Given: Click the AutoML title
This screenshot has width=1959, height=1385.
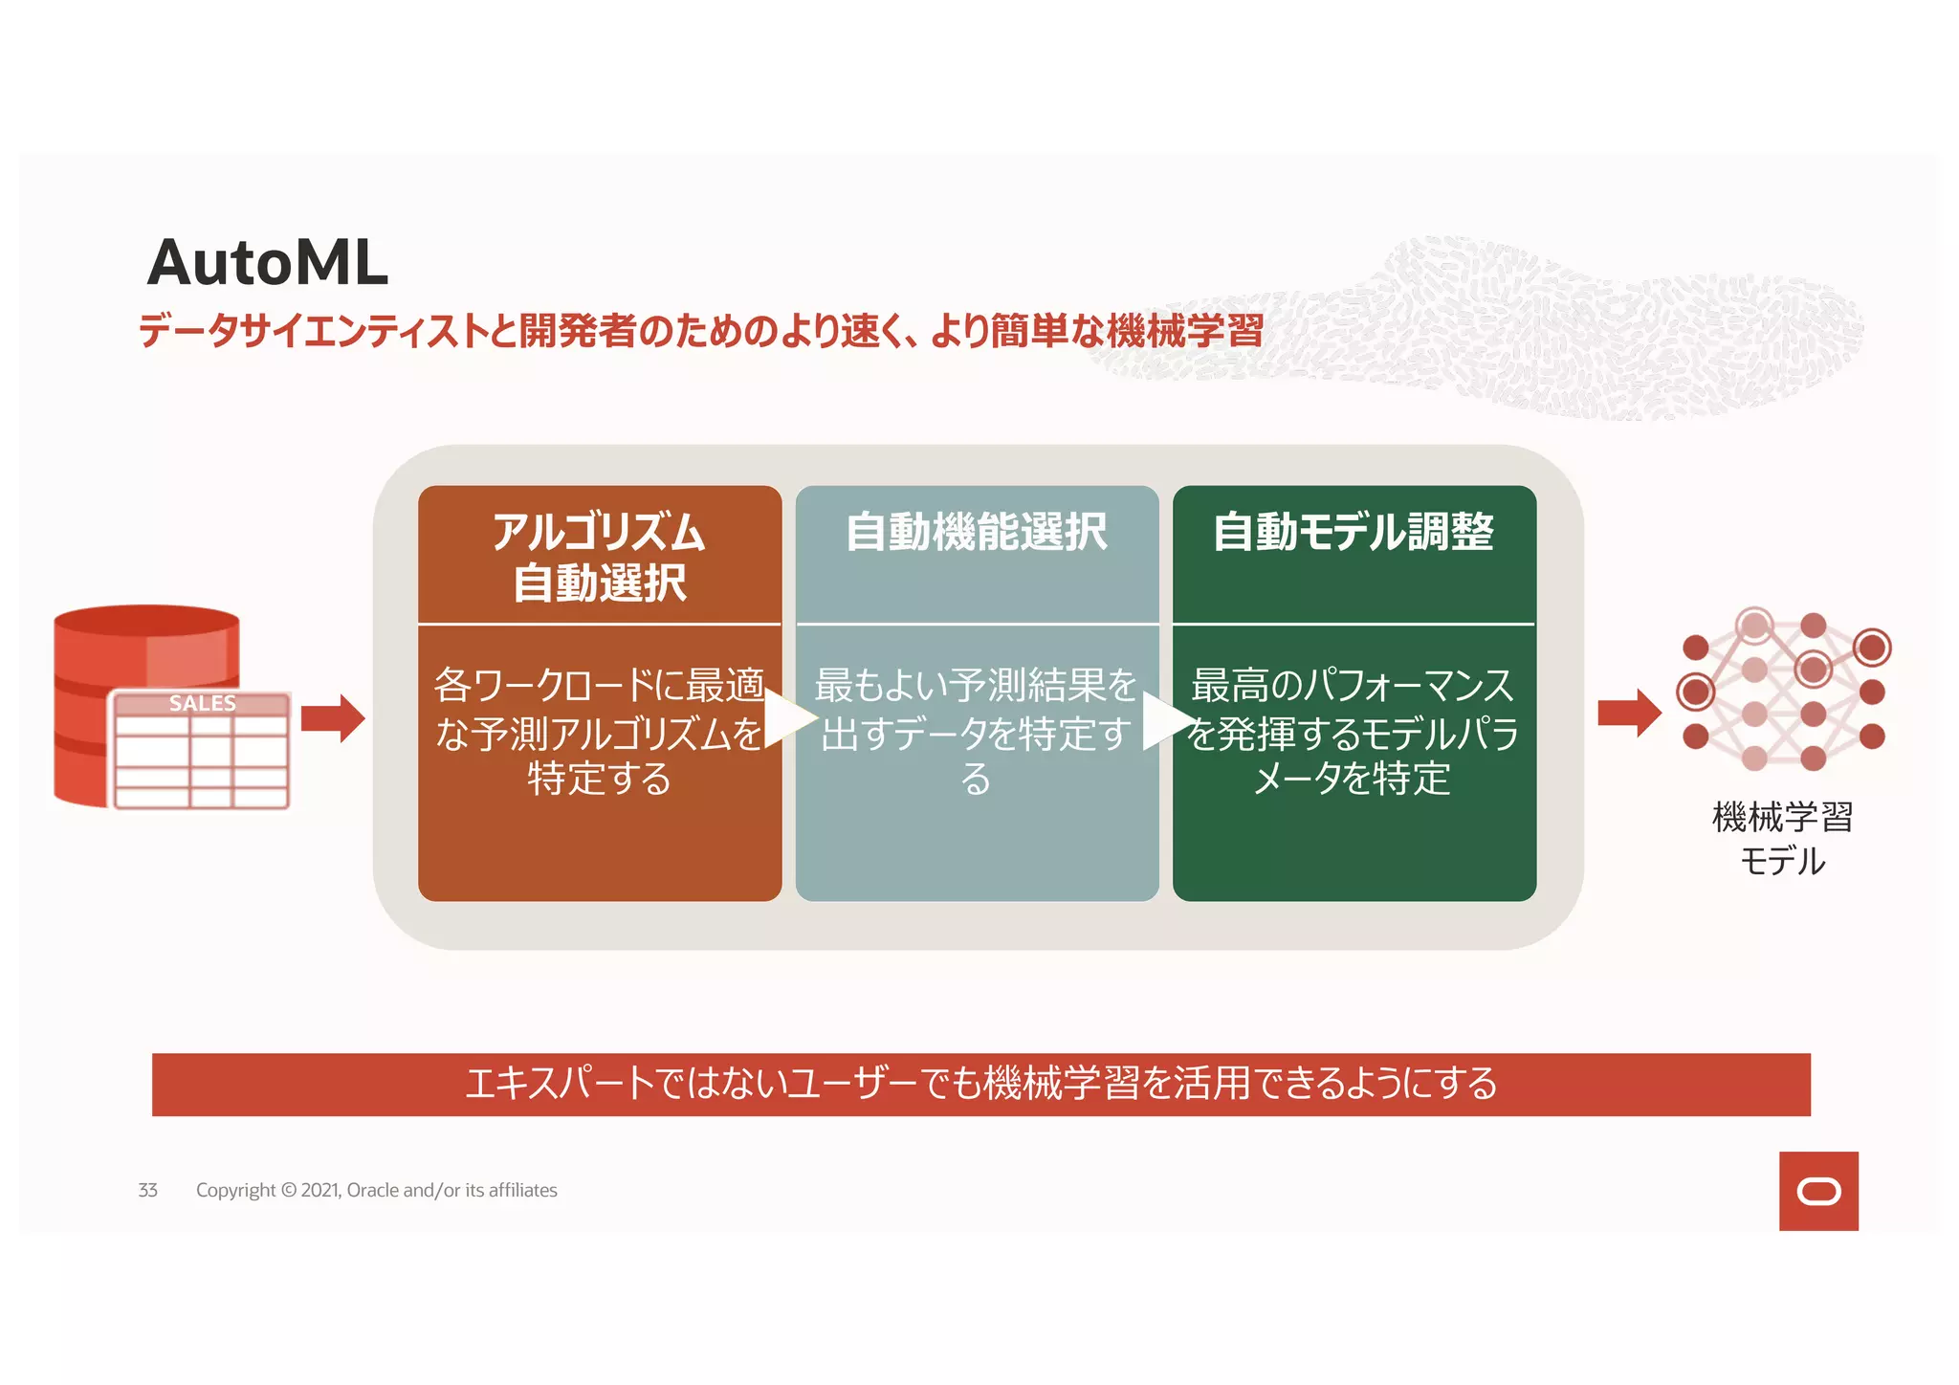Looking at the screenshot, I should (x=268, y=262).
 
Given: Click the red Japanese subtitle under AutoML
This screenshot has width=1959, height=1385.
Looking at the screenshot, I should (x=700, y=332).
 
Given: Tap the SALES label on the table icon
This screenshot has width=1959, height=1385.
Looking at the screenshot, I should (x=202, y=703).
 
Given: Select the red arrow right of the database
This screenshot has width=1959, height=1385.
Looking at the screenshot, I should (x=332, y=717).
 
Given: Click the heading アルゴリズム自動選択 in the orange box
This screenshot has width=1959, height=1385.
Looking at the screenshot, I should (x=599, y=557).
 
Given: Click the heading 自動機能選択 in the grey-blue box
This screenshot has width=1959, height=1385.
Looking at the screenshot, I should (x=976, y=532).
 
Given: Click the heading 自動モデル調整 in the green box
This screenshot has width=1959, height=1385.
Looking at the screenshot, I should (x=1353, y=532).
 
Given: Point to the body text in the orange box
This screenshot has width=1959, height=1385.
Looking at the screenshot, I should (x=599, y=732).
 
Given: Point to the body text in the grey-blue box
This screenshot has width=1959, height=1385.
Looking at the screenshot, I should (x=976, y=732).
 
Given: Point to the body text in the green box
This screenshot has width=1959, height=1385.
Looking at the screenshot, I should (x=1353, y=732).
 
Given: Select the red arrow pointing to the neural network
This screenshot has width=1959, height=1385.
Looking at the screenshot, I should (x=1629, y=713).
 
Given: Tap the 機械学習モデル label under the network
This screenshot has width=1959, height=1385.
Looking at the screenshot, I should (x=1782, y=839).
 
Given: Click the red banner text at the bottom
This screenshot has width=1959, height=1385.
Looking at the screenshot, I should (x=980, y=1084).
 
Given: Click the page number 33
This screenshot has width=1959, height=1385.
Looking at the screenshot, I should (x=147, y=1190).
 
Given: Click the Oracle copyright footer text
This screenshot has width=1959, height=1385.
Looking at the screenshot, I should (x=376, y=1190).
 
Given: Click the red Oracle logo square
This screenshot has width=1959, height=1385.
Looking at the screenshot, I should (x=1817, y=1191).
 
